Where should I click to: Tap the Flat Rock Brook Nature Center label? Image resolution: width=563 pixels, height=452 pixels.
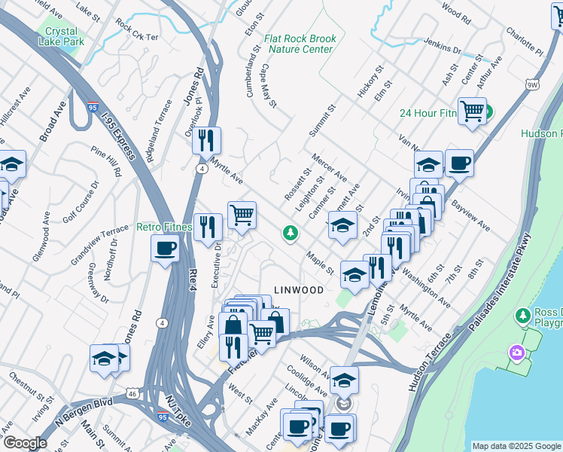(298, 44)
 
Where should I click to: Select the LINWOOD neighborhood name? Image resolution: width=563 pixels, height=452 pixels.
(299, 289)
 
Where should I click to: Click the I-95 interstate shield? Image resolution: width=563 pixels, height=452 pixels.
(93, 108)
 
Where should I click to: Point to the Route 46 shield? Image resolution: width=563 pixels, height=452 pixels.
(132, 392)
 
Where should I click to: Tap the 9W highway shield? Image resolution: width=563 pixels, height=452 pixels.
(533, 85)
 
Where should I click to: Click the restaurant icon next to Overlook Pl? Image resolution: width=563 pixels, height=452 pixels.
(205, 139)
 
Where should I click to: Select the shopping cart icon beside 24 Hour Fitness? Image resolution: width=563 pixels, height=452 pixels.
(471, 111)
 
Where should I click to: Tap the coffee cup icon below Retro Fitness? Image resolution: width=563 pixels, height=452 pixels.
(165, 248)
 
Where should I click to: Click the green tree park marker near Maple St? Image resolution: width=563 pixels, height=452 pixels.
(290, 234)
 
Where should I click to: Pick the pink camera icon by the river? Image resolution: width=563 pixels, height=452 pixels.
(516, 352)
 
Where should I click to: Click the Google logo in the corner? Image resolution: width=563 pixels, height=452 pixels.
(24, 443)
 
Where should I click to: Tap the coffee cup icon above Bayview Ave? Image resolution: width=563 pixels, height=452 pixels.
(458, 163)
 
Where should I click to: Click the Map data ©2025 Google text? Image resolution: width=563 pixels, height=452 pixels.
(516, 445)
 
